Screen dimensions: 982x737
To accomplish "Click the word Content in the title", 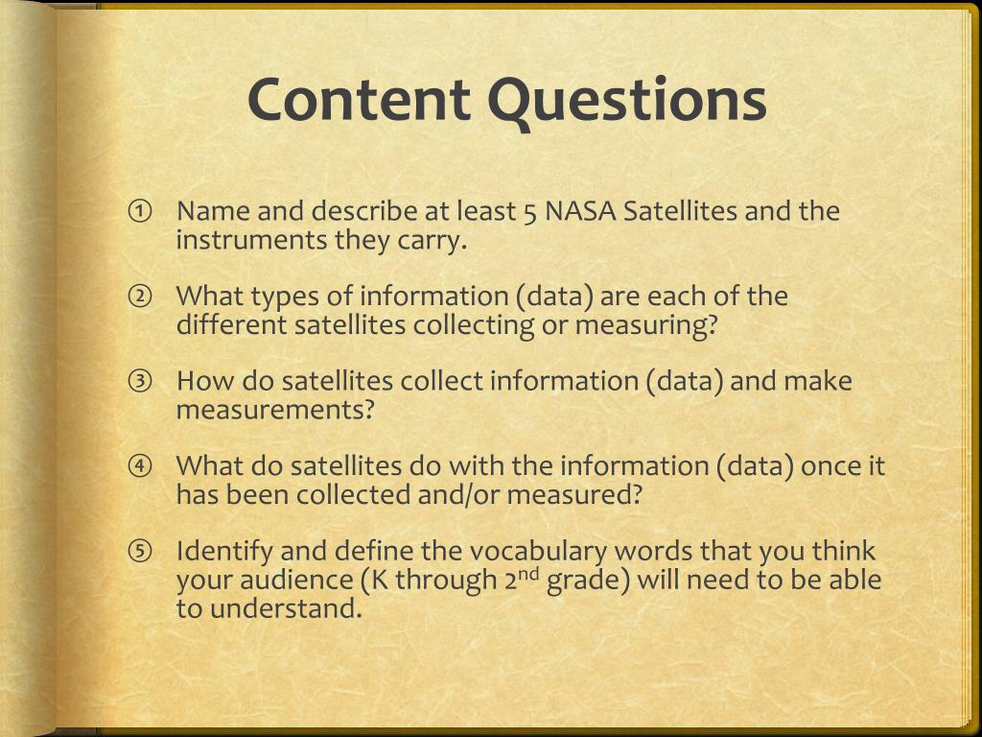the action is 359,99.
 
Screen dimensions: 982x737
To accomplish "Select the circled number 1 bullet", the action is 140,211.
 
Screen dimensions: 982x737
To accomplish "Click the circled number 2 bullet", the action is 140,297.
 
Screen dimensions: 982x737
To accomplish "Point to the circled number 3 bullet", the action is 140,382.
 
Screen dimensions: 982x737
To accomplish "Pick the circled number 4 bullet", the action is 140,466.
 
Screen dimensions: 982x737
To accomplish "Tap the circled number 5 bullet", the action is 140,552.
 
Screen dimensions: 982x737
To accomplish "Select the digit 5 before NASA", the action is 530,212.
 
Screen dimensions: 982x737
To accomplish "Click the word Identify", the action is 224,552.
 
